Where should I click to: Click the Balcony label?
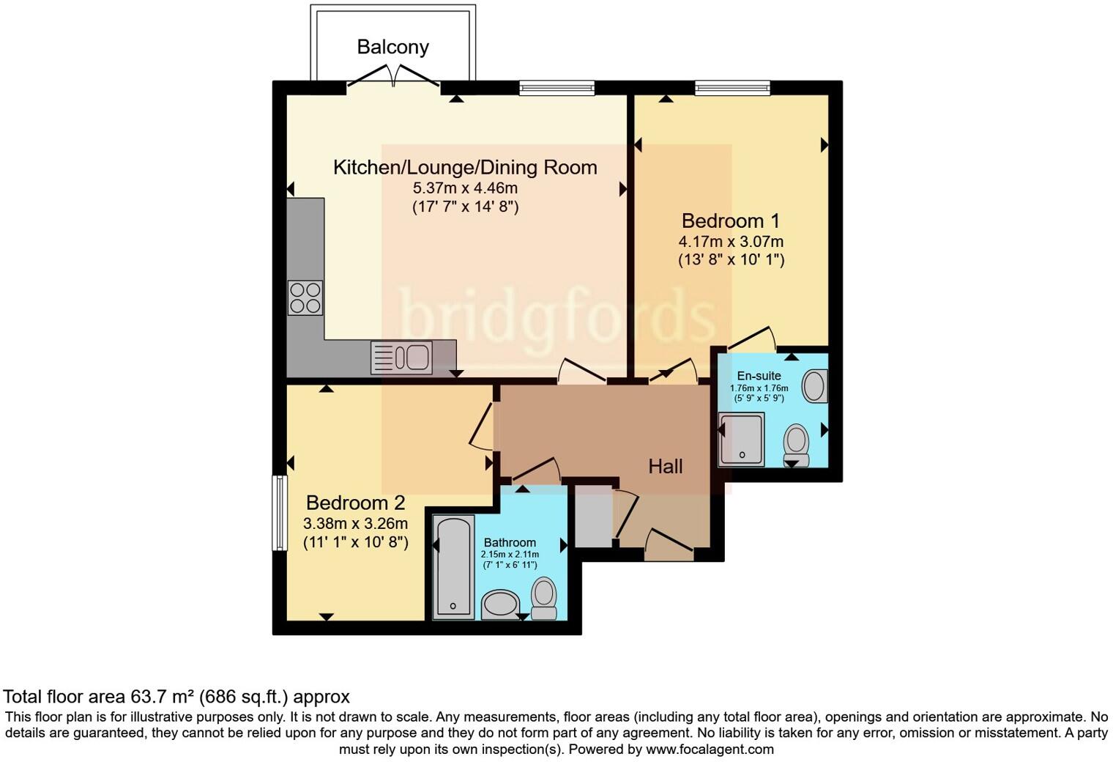[392, 47]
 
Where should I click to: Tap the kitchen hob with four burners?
[305, 298]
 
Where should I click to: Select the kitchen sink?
[401, 358]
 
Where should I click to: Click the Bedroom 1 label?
[730, 221]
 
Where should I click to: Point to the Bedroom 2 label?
[355, 503]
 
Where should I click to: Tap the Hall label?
[665, 466]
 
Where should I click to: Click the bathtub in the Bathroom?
[454, 566]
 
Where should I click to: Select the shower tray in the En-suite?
[741, 439]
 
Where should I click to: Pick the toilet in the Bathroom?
[543, 598]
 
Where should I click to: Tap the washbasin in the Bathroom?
[501, 604]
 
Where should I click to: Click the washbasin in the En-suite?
[815, 385]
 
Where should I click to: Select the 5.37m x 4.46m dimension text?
[465, 188]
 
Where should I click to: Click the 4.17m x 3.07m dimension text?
[731, 241]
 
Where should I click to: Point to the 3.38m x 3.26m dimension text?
[355, 523]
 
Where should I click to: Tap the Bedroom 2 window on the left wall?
[279, 513]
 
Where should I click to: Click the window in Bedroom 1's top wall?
[732, 88]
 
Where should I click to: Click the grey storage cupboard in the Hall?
[593, 516]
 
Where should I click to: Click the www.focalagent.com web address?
[709, 750]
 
